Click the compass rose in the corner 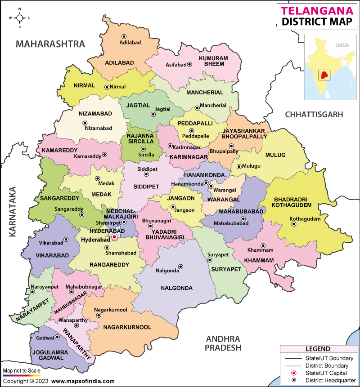pyautogui.click(x=20, y=18)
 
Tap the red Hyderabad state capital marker pyautogui.click(x=114, y=236)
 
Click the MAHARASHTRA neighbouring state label pyautogui.click(x=50, y=44)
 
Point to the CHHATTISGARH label pyautogui.click(x=314, y=115)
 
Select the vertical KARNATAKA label pyautogui.click(x=12, y=211)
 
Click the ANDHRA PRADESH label pyautogui.click(x=223, y=343)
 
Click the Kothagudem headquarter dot pyautogui.click(x=294, y=224)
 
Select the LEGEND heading pyautogui.click(x=318, y=349)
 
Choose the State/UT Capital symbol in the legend pyautogui.click(x=294, y=374)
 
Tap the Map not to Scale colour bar pyautogui.click(x=22, y=375)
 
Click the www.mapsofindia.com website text pyautogui.click(x=83, y=381)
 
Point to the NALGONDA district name pyautogui.click(x=176, y=288)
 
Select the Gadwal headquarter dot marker pyautogui.click(x=57, y=337)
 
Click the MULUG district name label pyautogui.click(x=275, y=155)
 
